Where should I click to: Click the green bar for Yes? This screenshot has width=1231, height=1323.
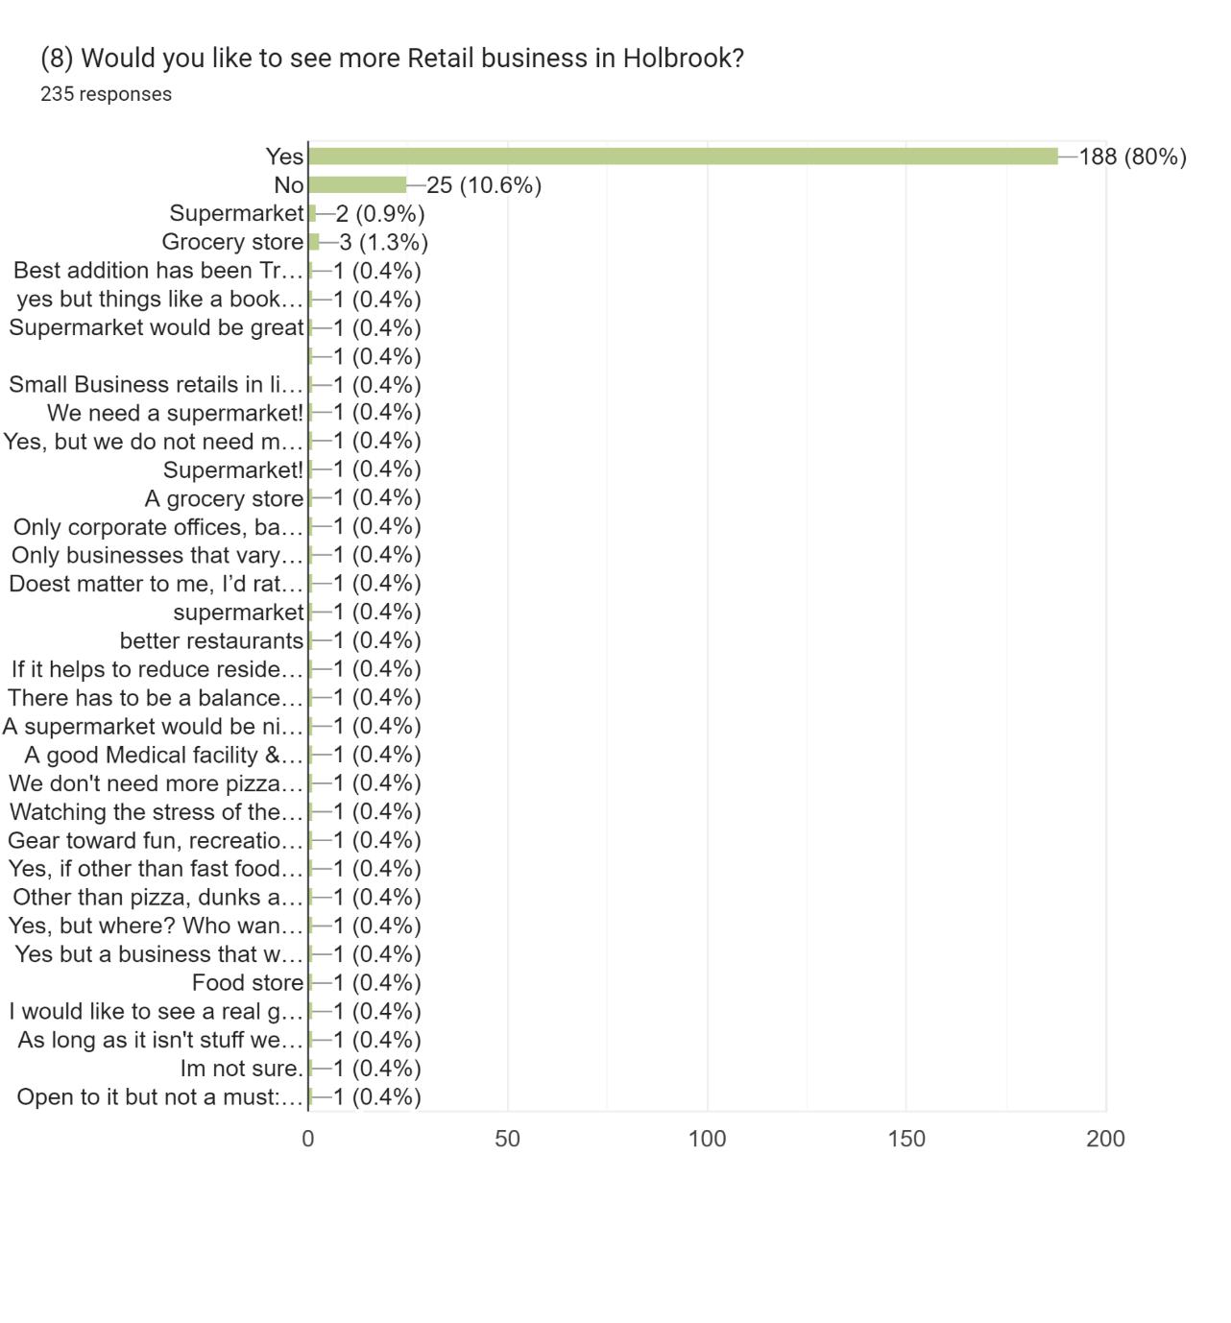683,156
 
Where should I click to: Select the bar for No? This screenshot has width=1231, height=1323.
357,184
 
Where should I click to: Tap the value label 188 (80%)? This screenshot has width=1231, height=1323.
1132,156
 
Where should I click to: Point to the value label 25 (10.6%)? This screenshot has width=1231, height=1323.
484,184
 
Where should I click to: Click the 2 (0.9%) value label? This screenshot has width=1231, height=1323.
380,213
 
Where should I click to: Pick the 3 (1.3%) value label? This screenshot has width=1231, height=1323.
383,242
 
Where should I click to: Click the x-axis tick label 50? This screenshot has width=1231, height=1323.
507,1139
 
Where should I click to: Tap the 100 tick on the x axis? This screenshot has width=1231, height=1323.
707,1139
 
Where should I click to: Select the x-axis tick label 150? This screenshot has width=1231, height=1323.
906,1139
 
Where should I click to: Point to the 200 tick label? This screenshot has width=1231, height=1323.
1105,1139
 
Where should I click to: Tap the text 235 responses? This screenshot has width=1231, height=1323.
106,94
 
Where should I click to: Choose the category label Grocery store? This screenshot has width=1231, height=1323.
232,242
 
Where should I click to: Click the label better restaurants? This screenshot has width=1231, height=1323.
211,640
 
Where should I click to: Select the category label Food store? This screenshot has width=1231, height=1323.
248,983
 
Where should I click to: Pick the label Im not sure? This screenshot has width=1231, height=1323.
242,1069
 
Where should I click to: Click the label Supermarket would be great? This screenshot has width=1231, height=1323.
157,327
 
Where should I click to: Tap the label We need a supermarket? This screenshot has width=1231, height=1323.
175,413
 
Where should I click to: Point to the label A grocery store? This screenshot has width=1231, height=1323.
224,498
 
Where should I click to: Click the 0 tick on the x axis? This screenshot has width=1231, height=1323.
307,1139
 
